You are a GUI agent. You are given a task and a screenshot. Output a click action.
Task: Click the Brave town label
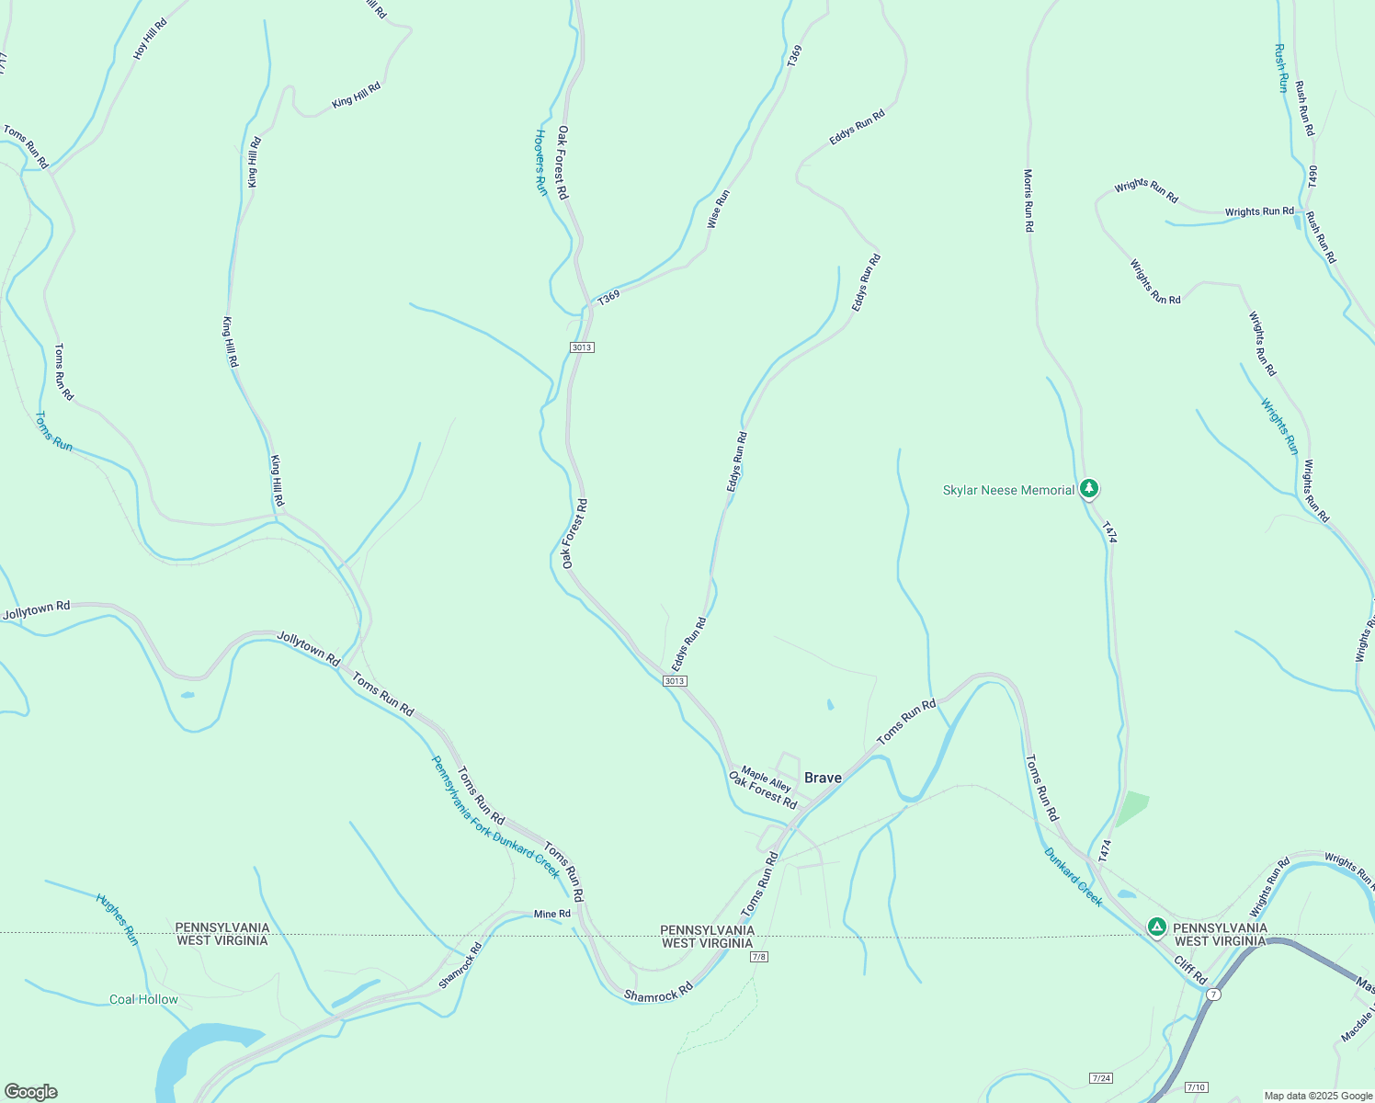(823, 778)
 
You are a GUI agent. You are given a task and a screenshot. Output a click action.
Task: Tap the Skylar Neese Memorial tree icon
(1089, 488)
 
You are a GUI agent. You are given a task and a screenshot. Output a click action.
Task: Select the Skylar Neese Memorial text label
(1008, 490)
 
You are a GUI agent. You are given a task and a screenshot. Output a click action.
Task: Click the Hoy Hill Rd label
(150, 39)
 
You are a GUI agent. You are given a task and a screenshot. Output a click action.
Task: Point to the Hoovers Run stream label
(541, 162)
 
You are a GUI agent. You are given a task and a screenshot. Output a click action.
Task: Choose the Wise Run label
(718, 209)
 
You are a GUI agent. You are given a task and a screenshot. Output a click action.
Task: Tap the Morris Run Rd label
(1028, 199)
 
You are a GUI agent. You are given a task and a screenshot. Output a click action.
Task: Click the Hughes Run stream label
(117, 918)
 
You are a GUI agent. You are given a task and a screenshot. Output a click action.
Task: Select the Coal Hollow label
(143, 999)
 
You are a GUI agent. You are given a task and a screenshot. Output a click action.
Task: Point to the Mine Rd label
(552, 914)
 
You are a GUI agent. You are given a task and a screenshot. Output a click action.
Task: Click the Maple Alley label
(766, 779)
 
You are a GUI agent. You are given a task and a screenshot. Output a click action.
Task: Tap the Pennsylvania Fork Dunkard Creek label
(495, 816)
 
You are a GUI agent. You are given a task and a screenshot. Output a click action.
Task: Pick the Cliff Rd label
(1190, 970)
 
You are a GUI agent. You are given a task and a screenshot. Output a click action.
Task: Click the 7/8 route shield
(758, 957)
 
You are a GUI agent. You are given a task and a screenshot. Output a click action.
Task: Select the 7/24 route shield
(1101, 1077)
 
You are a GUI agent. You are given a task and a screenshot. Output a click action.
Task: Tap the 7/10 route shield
(1196, 1087)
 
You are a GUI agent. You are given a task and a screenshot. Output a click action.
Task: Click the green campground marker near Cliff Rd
(1157, 927)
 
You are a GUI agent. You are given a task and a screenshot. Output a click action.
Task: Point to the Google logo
(30, 1092)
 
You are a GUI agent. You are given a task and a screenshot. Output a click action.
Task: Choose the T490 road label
(1313, 177)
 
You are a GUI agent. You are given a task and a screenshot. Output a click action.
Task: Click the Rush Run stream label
(1280, 68)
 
